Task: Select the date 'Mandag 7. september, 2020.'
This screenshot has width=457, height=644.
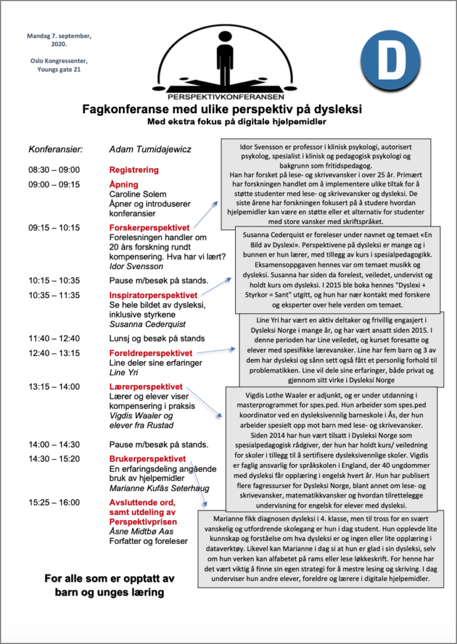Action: point(59,40)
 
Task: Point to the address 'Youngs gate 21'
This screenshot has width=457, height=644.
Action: point(59,70)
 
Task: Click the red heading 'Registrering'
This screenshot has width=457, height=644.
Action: point(134,170)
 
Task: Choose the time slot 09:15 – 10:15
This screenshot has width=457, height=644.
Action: point(54,227)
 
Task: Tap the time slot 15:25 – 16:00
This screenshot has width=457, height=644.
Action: point(54,502)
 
